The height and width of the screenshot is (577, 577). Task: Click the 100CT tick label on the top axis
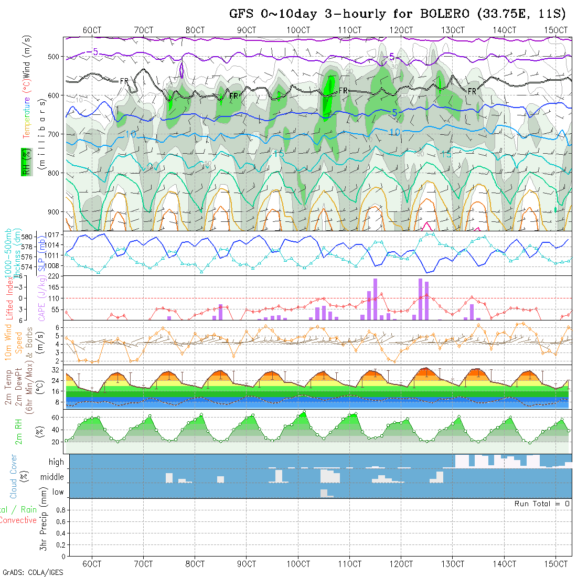pyautogui.click(x=298, y=30)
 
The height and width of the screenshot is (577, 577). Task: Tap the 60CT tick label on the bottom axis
pyautogui.click(x=92, y=564)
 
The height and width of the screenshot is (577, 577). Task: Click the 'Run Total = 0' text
pyautogui.click(x=542, y=504)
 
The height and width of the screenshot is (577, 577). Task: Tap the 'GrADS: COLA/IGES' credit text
pyautogui.click(x=33, y=572)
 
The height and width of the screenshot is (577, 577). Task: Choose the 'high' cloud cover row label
pyautogui.click(x=56, y=462)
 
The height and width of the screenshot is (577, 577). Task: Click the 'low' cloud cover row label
pyautogui.click(x=58, y=492)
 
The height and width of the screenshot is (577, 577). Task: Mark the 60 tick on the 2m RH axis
pyautogui.click(x=60, y=418)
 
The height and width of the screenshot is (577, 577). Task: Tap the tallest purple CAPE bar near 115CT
pyautogui.click(x=376, y=299)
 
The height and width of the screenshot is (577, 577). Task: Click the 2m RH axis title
pyautogui.click(x=18, y=431)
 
